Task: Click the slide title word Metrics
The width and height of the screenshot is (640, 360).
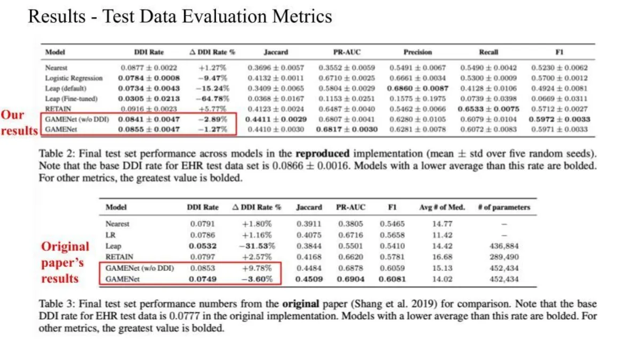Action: point(302,17)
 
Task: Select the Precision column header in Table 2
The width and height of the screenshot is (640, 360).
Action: point(418,52)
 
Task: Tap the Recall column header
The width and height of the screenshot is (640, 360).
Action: point(489,52)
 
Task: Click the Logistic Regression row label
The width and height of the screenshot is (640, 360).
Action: point(74,78)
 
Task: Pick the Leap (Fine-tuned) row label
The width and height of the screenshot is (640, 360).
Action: point(71,99)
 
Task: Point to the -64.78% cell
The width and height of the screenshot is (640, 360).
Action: point(213,99)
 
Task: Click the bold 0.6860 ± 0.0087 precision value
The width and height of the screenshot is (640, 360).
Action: point(418,89)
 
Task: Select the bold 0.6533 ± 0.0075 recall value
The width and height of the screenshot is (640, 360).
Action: point(489,109)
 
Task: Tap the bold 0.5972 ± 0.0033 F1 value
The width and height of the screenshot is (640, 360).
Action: point(559,119)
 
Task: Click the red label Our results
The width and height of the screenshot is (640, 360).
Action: point(19,123)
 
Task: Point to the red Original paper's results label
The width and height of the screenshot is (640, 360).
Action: point(65,262)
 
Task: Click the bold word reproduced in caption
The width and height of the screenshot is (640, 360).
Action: point(322,154)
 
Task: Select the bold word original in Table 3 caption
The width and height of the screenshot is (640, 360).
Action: point(301,303)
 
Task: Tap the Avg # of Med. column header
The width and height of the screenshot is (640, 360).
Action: point(442,207)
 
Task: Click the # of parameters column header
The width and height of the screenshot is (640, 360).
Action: point(504,207)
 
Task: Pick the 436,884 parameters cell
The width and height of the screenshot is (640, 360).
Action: point(504,246)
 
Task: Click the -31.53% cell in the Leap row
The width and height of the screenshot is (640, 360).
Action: point(257,246)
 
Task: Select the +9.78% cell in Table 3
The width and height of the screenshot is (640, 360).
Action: point(257,268)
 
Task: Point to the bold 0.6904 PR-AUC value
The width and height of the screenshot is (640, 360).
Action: point(350,279)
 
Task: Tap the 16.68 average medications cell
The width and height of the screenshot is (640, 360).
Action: point(442,257)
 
